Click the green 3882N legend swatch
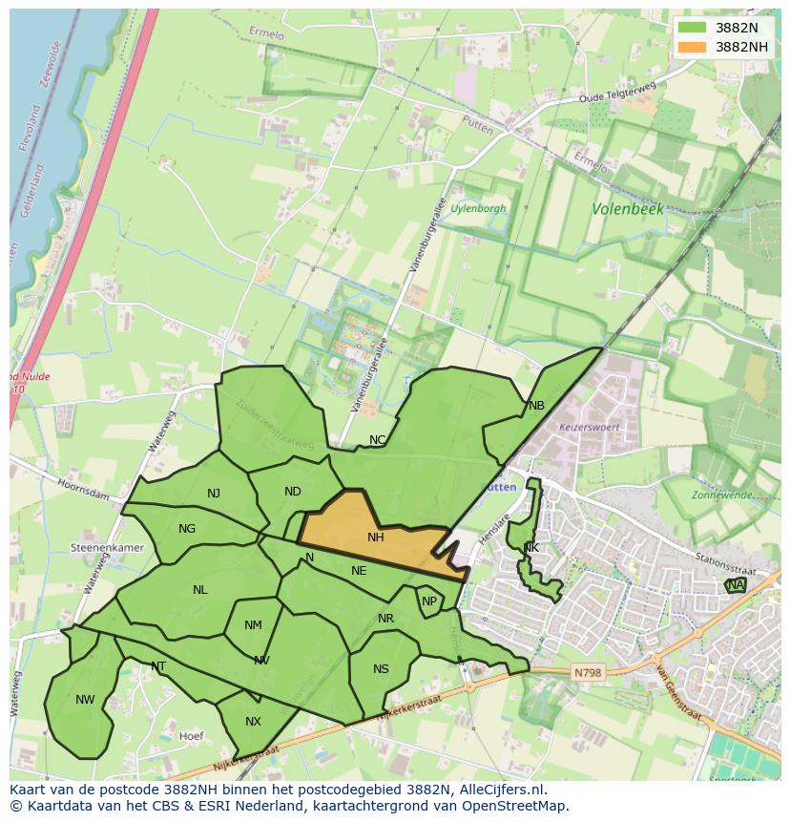[693, 28]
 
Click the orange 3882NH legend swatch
[693, 47]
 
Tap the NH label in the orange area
[376, 537]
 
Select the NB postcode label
[536, 406]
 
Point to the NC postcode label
[378, 440]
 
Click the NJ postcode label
[214, 494]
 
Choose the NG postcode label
[187, 529]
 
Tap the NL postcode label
[199, 590]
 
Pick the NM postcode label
[253, 626]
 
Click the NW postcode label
[85, 700]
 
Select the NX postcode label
[253, 722]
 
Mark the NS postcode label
[381, 669]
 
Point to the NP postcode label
[429, 601]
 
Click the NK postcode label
[530, 548]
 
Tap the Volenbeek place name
[628, 208]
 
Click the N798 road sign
[588, 673]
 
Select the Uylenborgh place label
[478, 208]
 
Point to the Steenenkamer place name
[107, 548]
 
